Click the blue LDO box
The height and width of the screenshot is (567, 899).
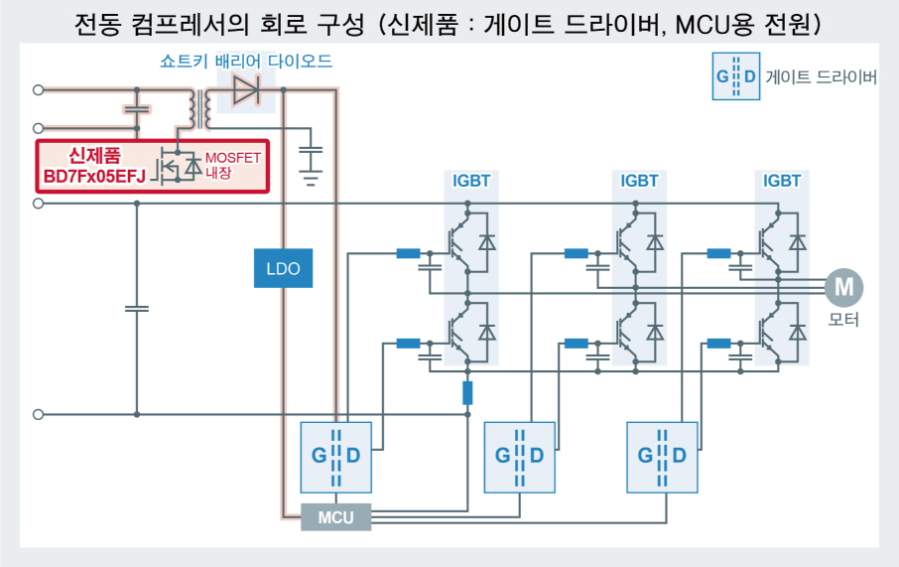click(283, 269)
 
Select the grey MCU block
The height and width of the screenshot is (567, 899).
click(335, 517)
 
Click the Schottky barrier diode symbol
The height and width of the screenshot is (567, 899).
click(244, 90)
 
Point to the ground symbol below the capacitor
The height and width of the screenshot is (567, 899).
click(312, 180)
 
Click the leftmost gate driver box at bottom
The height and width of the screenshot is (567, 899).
click(335, 456)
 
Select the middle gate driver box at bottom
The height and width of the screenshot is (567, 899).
click(519, 456)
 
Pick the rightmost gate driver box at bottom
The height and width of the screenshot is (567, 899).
click(663, 456)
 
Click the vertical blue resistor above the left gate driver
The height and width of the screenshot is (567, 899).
click(467, 392)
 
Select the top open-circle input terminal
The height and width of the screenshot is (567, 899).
click(39, 90)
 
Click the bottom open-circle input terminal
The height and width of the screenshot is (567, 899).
click(39, 414)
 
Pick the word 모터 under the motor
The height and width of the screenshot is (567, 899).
click(843, 320)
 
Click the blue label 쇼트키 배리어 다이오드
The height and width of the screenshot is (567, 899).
click(246, 62)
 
